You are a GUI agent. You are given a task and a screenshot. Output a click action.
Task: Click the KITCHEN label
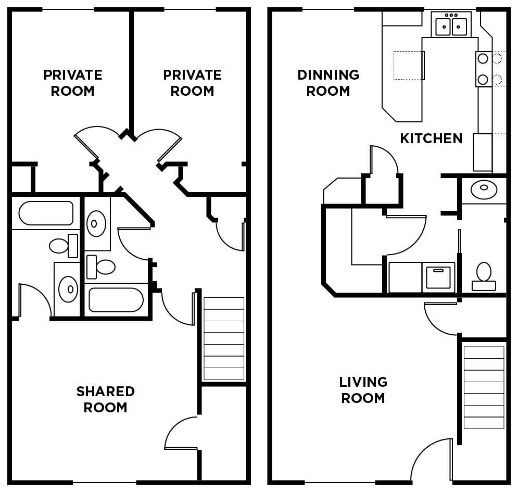431,138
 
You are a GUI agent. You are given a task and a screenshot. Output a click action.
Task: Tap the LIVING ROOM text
363,390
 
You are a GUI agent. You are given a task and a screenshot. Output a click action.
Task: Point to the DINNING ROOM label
328,83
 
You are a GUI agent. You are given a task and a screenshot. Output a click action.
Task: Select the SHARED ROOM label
105,399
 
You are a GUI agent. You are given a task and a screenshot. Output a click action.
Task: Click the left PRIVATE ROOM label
73,83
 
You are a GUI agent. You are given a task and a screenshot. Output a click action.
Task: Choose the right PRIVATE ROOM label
192,83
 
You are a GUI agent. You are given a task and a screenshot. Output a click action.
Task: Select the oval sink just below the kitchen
484,190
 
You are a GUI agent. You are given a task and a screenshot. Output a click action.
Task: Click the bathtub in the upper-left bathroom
46,213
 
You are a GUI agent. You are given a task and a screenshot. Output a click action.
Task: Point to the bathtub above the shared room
116,300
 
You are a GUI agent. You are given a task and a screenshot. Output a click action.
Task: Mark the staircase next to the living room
484,387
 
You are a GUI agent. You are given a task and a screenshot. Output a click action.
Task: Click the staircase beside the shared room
224,339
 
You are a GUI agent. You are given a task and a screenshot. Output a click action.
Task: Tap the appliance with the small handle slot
438,277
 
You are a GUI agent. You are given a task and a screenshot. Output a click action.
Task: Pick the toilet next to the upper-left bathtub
64,246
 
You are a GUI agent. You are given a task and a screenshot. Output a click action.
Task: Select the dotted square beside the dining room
409,66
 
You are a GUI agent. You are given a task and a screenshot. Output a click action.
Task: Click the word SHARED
105,392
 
